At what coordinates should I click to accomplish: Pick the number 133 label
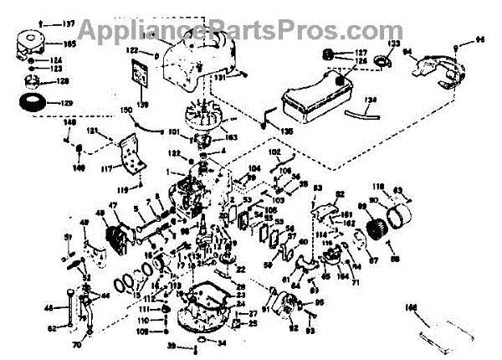click(394, 43)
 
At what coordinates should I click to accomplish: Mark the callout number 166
click(411, 308)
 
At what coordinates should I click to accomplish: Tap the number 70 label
click(76, 343)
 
